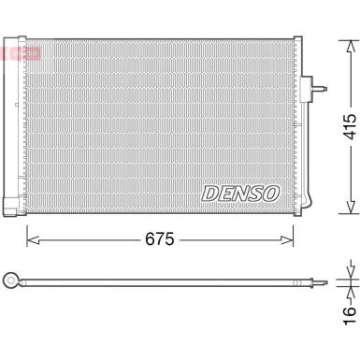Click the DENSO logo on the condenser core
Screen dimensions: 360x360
239,194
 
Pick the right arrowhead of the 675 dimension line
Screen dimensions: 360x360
297,239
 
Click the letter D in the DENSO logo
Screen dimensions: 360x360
209,194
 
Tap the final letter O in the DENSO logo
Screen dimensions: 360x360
270,194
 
